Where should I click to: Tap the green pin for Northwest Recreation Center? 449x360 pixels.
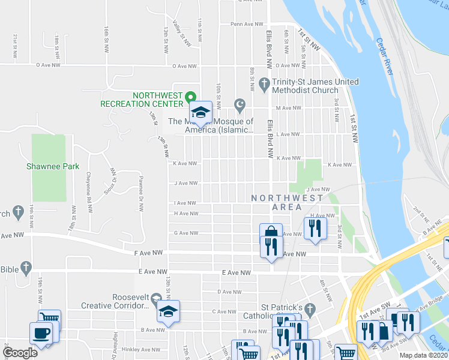(x=190, y=96)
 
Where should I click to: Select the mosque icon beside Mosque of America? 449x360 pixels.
(x=241, y=105)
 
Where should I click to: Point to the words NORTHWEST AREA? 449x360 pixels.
(x=287, y=202)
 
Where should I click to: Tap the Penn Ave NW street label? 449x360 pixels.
(x=244, y=25)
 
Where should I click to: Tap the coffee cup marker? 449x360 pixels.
(x=41, y=333)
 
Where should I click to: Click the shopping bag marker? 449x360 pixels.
(x=271, y=233)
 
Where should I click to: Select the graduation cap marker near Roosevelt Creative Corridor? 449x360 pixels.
(x=167, y=311)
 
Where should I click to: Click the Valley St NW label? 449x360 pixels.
(x=181, y=34)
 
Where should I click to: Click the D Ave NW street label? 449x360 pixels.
(x=228, y=292)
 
